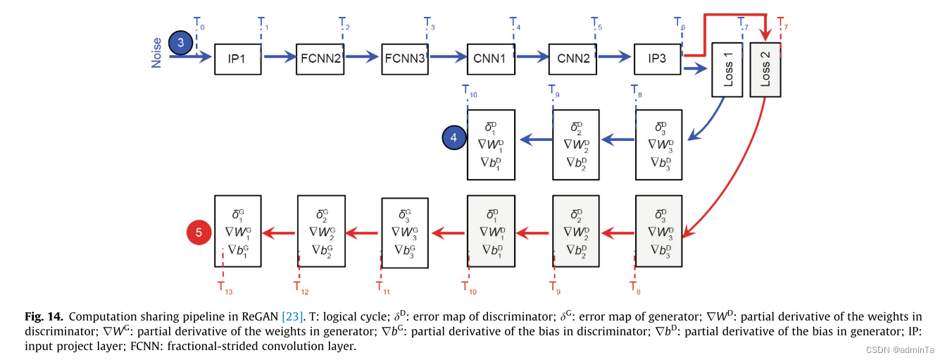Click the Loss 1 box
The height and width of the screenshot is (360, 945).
728,69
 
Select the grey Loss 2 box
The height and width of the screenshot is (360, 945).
766,69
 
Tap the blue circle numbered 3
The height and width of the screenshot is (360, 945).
181,43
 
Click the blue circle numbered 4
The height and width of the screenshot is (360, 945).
454,138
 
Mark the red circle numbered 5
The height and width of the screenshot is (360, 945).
199,231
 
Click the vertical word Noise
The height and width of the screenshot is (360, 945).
156,52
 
